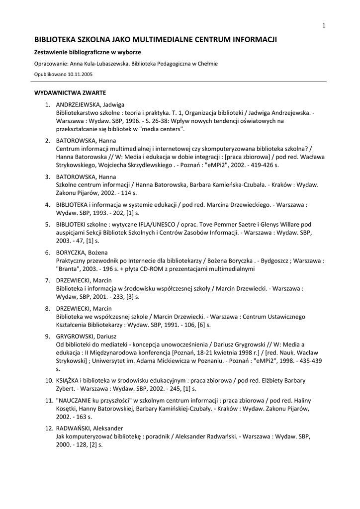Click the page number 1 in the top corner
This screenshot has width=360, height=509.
[324, 26]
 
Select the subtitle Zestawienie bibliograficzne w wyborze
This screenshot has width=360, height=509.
[88, 52]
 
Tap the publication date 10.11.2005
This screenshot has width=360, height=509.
[78, 74]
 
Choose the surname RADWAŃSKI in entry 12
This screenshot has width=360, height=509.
[76, 428]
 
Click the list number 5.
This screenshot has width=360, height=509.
[48, 225]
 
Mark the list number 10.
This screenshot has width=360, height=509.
[48, 381]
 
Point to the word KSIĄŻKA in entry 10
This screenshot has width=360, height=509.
[69, 381]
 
